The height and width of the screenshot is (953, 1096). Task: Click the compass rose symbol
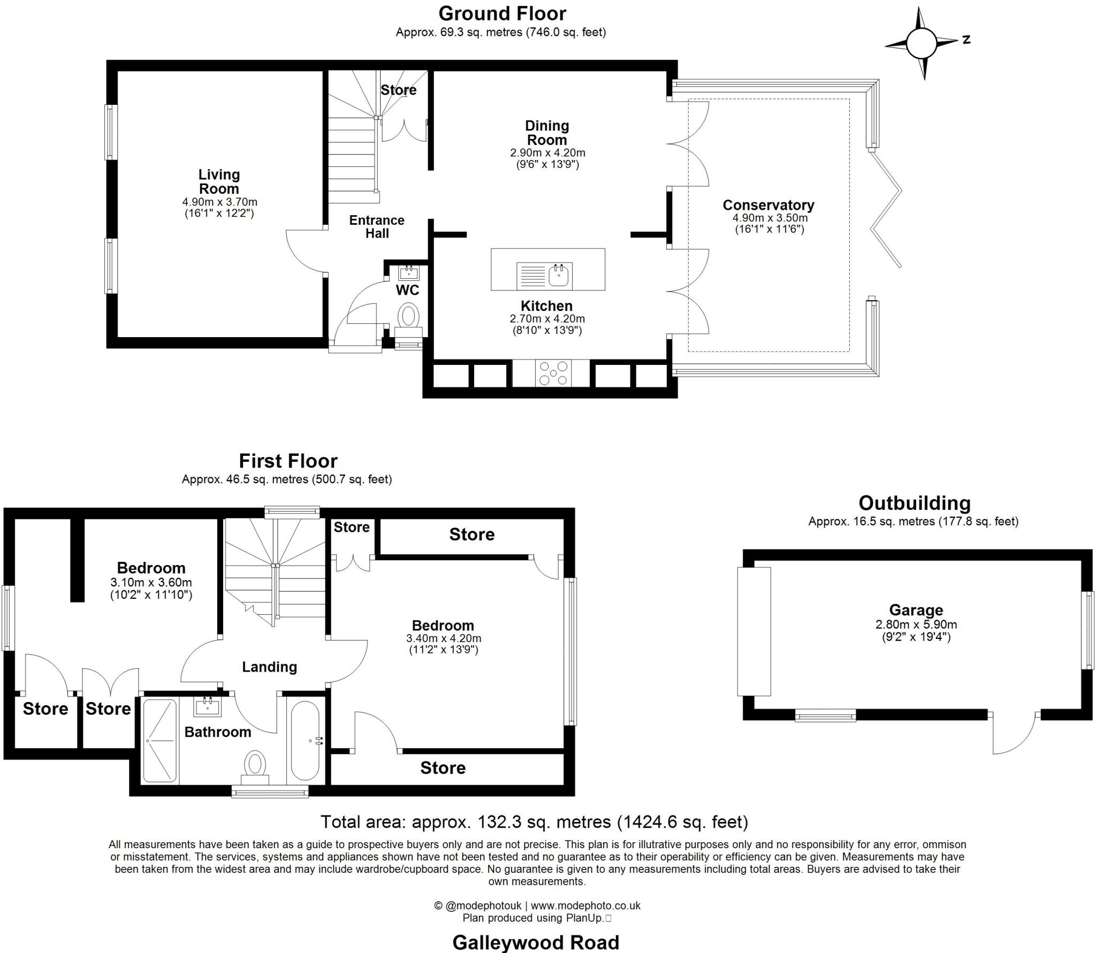click(x=922, y=42)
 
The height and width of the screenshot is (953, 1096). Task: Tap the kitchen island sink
click(x=560, y=275)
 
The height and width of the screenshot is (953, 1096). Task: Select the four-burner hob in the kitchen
click(x=553, y=372)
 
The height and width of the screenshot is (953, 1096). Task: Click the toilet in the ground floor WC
click(x=409, y=316)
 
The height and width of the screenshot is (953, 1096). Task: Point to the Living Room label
click(x=219, y=181)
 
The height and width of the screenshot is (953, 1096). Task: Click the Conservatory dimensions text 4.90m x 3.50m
click(x=770, y=218)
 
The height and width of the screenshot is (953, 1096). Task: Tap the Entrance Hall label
click(x=377, y=227)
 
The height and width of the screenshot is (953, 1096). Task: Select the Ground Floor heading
click(x=502, y=13)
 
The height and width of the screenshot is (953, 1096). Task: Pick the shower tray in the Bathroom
click(x=160, y=741)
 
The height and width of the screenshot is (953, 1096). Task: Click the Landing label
click(x=269, y=667)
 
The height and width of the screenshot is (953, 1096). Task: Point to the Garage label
click(x=916, y=610)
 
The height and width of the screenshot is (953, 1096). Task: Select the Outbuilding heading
click(x=914, y=503)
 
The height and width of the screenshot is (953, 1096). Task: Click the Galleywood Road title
click(x=536, y=942)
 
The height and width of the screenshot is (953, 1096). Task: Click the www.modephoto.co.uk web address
click(x=585, y=905)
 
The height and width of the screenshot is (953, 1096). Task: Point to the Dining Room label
click(x=546, y=133)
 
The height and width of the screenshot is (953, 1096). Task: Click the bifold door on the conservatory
click(x=886, y=209)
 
